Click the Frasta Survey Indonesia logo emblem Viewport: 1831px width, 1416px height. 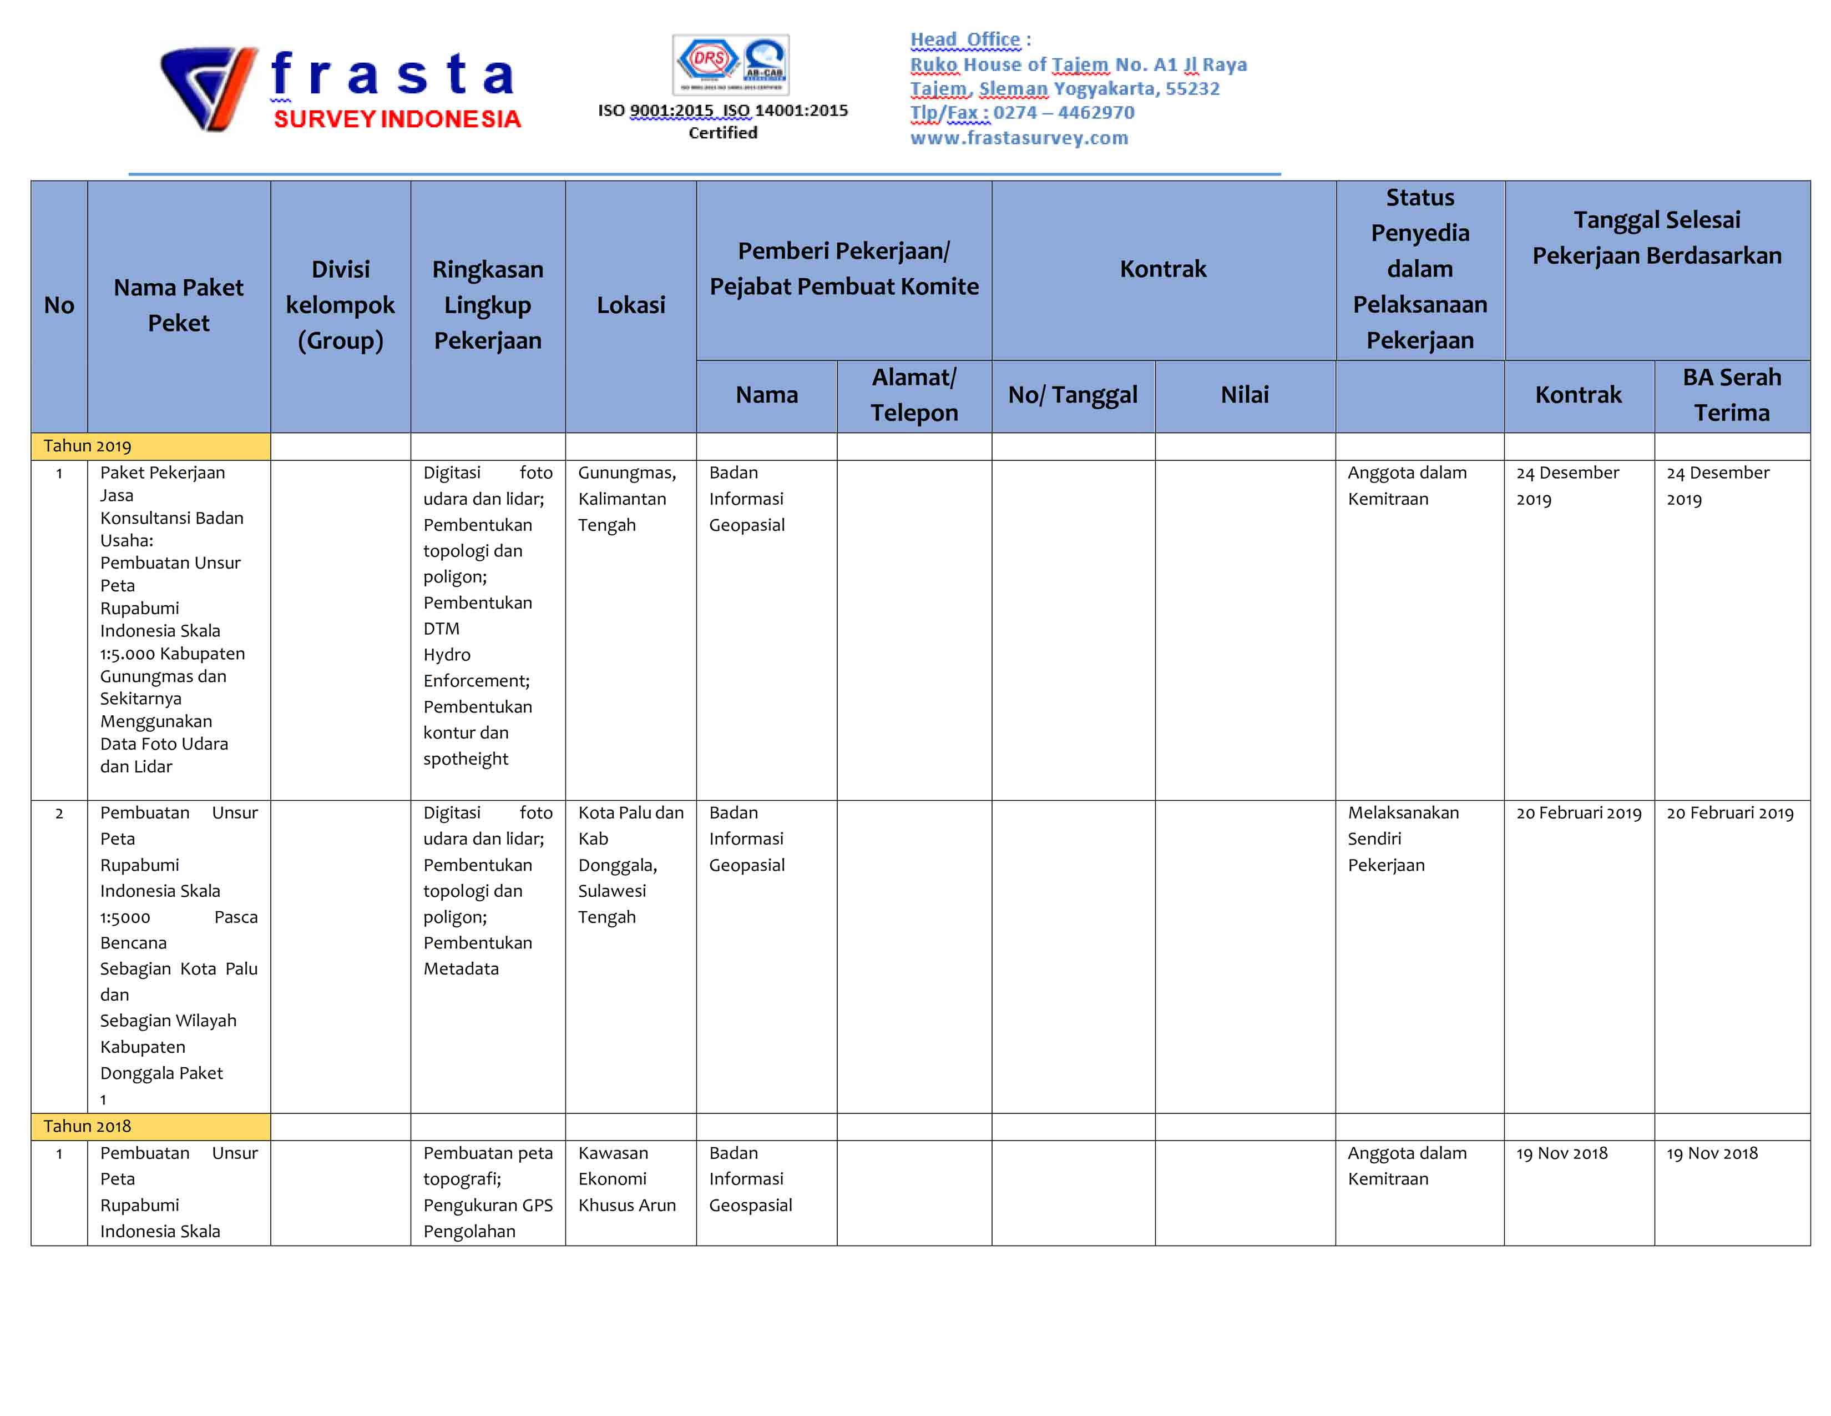point(208,89)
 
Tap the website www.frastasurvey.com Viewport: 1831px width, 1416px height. point(1019,138)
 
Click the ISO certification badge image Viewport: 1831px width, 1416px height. point(730,64)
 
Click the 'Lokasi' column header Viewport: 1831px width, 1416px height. point(630,305)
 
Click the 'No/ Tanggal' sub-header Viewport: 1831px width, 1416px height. point(1073,395)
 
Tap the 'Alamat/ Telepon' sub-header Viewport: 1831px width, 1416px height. point(914,395)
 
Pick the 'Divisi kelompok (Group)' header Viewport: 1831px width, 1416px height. point(340,305)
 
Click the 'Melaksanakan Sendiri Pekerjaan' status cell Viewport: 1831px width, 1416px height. point(1403,839)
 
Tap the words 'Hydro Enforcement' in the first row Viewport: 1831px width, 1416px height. point(476,667)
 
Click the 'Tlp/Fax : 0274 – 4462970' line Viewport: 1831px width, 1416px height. point(1022,112)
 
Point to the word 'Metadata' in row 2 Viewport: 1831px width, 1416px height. point(461,969)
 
